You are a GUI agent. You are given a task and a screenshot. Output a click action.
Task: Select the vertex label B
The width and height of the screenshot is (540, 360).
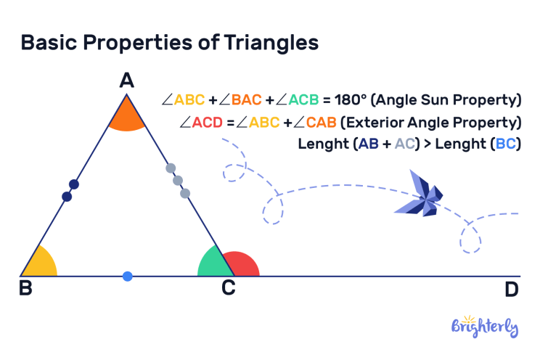tap(25, 289)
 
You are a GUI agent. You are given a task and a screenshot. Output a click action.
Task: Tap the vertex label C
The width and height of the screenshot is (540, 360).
tap(228, 289)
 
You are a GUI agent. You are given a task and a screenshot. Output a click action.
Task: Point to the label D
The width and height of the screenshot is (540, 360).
tap(511, 290)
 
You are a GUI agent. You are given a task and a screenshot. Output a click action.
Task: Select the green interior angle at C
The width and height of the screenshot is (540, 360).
tap(211, 265)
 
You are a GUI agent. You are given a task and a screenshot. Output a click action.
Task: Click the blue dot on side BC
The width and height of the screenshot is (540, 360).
tap(128, 276)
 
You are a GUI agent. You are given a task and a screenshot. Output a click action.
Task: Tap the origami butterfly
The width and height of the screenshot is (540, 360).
tap(420, 195)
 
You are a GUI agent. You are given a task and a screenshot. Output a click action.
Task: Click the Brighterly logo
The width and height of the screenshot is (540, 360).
tap(485, 327)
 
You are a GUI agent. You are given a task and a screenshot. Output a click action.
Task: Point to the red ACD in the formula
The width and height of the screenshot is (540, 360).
tap(208, 121)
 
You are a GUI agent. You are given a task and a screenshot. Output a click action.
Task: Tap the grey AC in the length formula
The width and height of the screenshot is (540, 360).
tap(408, 144)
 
